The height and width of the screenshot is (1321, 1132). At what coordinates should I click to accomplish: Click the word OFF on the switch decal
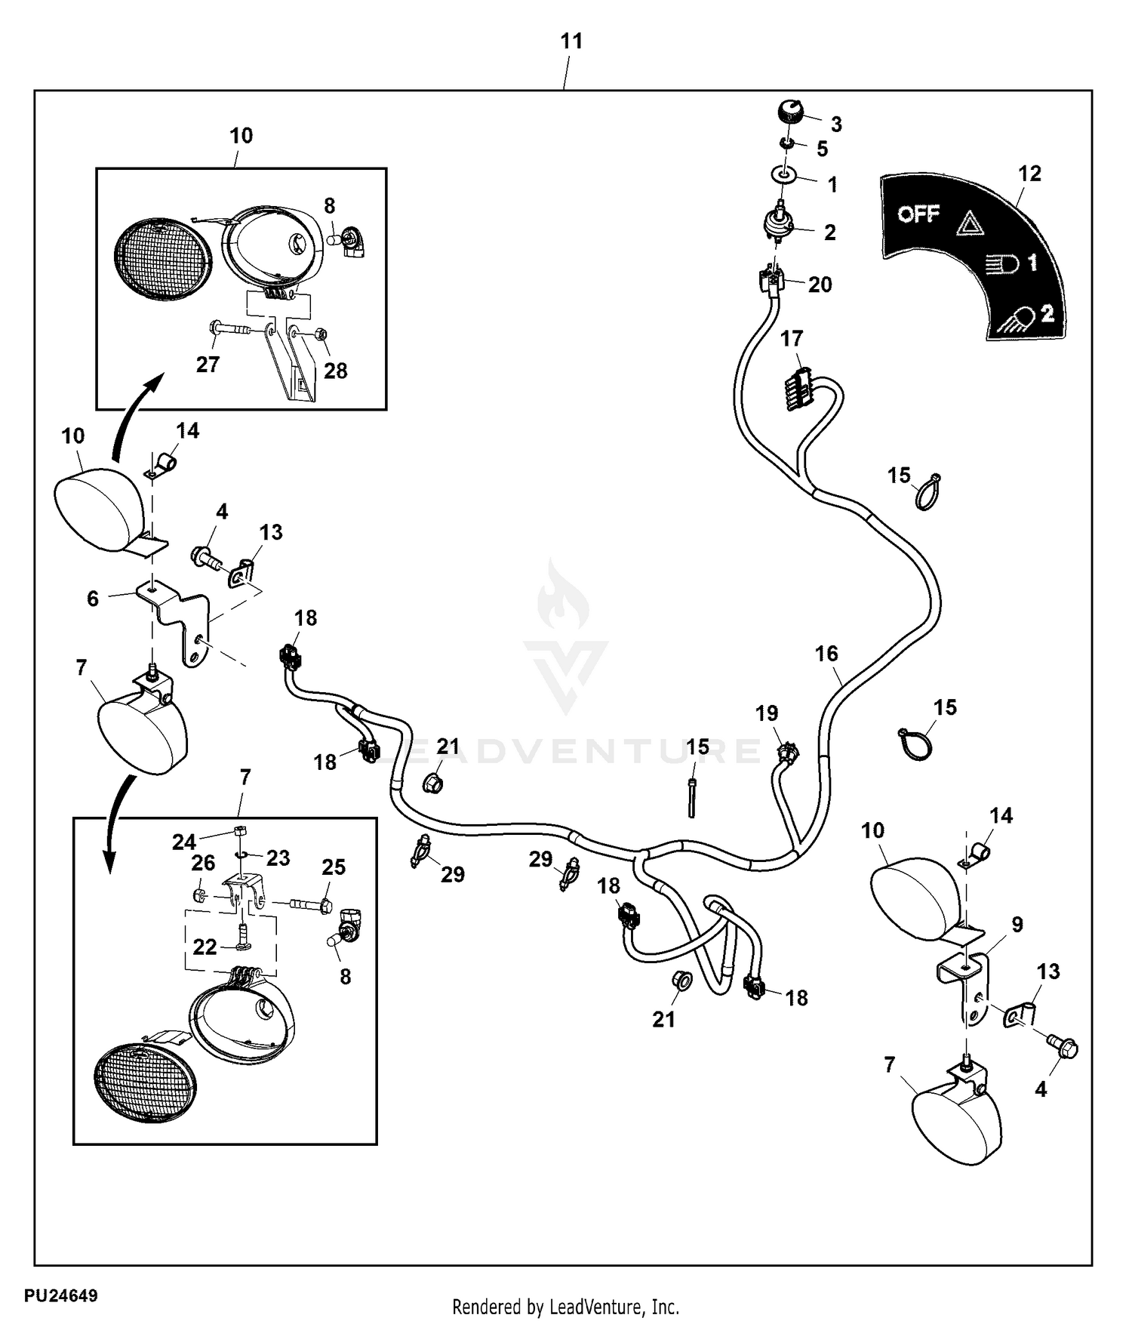918,214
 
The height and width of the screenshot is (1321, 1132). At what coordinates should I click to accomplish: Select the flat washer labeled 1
785,176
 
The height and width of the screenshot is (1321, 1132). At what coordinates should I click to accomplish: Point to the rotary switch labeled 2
780,222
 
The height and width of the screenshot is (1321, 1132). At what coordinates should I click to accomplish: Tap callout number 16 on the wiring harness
826,654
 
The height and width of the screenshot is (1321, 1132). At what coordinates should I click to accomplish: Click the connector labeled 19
787,752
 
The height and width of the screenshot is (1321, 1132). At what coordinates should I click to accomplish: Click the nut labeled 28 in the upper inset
319,332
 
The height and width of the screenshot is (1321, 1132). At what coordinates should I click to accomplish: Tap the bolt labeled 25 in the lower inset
309,903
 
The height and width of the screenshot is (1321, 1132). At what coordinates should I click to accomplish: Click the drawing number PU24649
60,1296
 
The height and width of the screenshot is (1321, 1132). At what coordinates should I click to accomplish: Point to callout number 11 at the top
571,41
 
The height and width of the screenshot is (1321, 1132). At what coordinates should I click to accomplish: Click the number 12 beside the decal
1029,174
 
